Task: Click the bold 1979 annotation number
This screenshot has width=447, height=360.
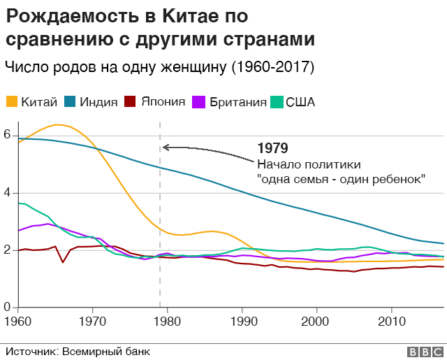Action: [272, 148]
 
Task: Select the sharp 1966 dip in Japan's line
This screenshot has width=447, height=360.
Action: [63, 262]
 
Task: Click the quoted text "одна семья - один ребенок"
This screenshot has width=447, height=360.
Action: [342, 179]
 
